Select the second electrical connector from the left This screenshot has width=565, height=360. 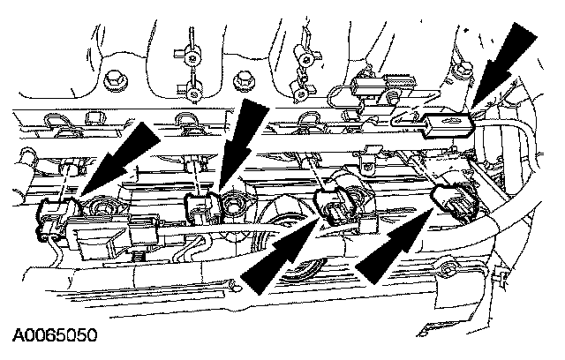(x=200, y=208)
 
